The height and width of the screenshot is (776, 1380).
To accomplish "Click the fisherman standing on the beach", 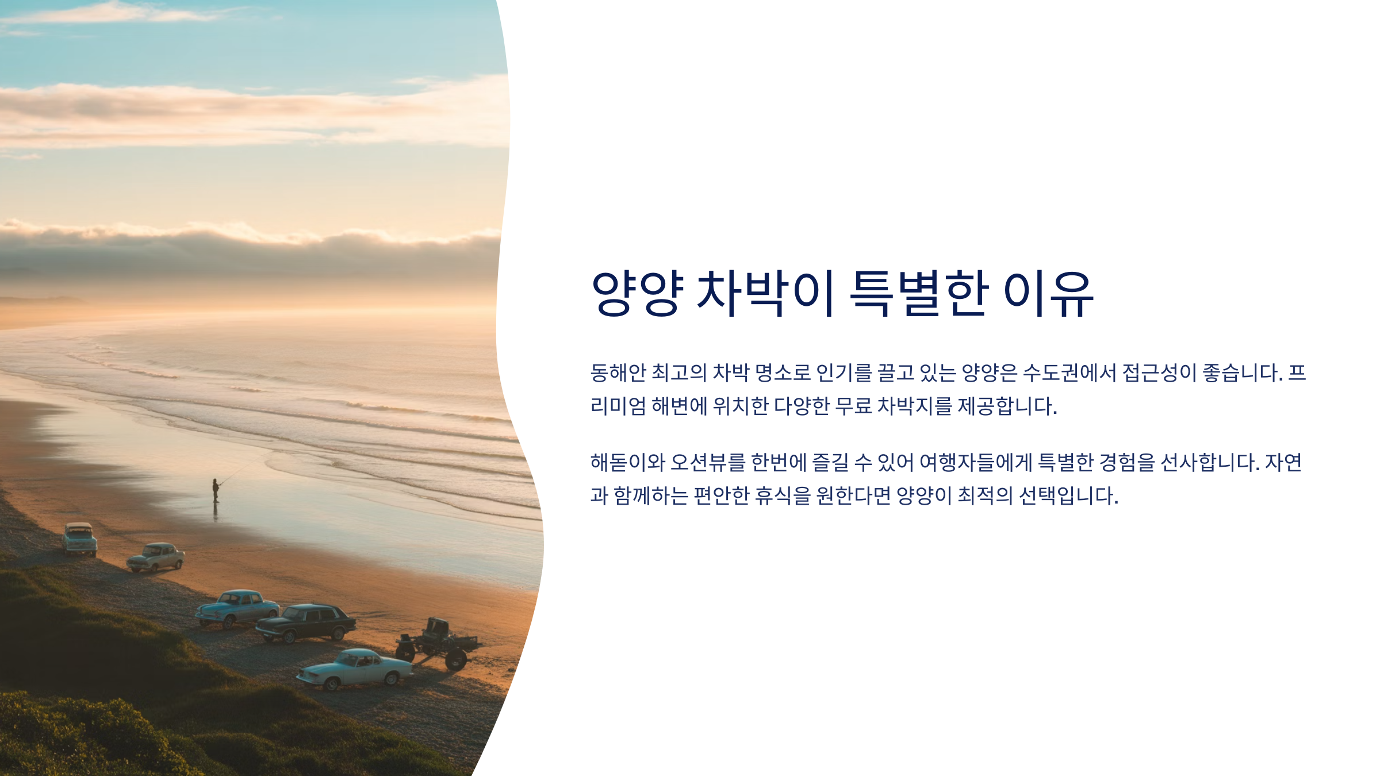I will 216,490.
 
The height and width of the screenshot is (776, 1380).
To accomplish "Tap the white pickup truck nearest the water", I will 79,539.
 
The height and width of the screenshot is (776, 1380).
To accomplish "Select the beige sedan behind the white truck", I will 155,557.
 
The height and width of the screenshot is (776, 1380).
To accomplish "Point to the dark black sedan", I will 306,623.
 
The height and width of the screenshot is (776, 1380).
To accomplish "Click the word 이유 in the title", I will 1048,294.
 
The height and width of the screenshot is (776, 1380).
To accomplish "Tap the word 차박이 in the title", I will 765,294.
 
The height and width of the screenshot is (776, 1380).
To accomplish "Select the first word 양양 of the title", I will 638,294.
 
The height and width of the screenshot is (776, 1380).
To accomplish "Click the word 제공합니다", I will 1007,406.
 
